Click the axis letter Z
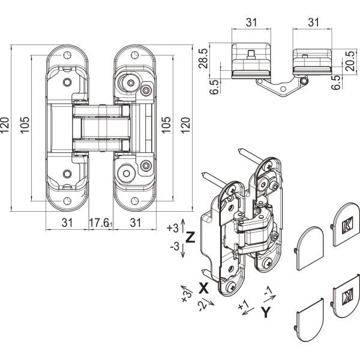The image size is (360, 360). click(190, 237)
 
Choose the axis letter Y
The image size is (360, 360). click(268, 312)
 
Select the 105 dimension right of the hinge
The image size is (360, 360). click(167, 124)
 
